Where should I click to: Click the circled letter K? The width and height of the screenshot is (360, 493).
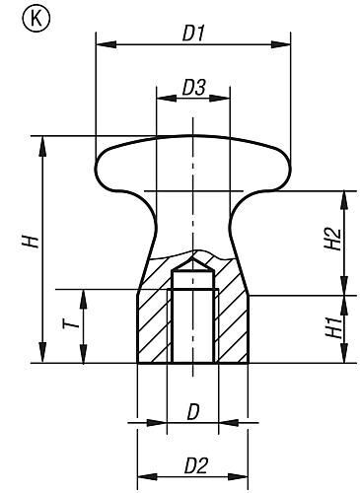(19, 18)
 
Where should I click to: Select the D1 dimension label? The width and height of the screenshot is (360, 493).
(193, 32)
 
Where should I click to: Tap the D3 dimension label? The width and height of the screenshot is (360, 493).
(193, 88)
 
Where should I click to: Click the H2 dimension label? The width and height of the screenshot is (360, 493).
(335, 240)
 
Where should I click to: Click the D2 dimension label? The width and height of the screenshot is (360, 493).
(193, 462)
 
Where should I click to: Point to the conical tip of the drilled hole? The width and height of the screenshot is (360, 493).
(193, 271)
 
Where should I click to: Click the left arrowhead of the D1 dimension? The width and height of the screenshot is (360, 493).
(102, 42)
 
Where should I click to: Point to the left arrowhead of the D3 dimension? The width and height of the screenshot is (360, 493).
(162, 99)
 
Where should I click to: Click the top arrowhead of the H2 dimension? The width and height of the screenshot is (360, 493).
(345, 194)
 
